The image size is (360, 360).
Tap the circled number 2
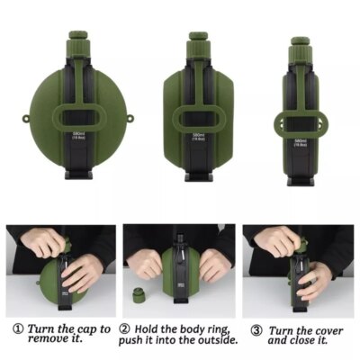(x=128, y=329)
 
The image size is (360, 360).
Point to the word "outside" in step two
(x=214, y=340)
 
